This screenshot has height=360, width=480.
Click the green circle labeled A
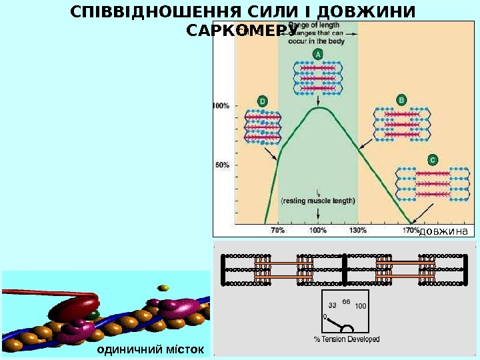(x=318, y=55)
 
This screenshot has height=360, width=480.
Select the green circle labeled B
(x=401, y=100)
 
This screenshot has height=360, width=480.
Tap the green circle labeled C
(x=433, y=160)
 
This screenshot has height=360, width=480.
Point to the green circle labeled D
(x=262, y=101)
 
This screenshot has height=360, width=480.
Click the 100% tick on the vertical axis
(x=222, y=105)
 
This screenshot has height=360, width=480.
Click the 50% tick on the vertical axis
(x=222, y=165)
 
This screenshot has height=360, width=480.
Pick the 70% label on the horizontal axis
(x=278, y=231)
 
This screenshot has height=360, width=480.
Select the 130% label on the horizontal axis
(x=358, y=231)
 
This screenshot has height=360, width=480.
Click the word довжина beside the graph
(x=443, y=231)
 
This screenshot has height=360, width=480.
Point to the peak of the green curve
(x=319, y=107)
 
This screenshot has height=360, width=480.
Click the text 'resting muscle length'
(x=318, y=200)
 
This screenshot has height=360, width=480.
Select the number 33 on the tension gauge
(x=332, y=305)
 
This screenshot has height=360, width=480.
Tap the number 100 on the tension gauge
(x=361, y=306)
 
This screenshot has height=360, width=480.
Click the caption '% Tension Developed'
(x=346, y=339)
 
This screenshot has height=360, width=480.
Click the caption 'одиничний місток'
(x=153, y=349)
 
